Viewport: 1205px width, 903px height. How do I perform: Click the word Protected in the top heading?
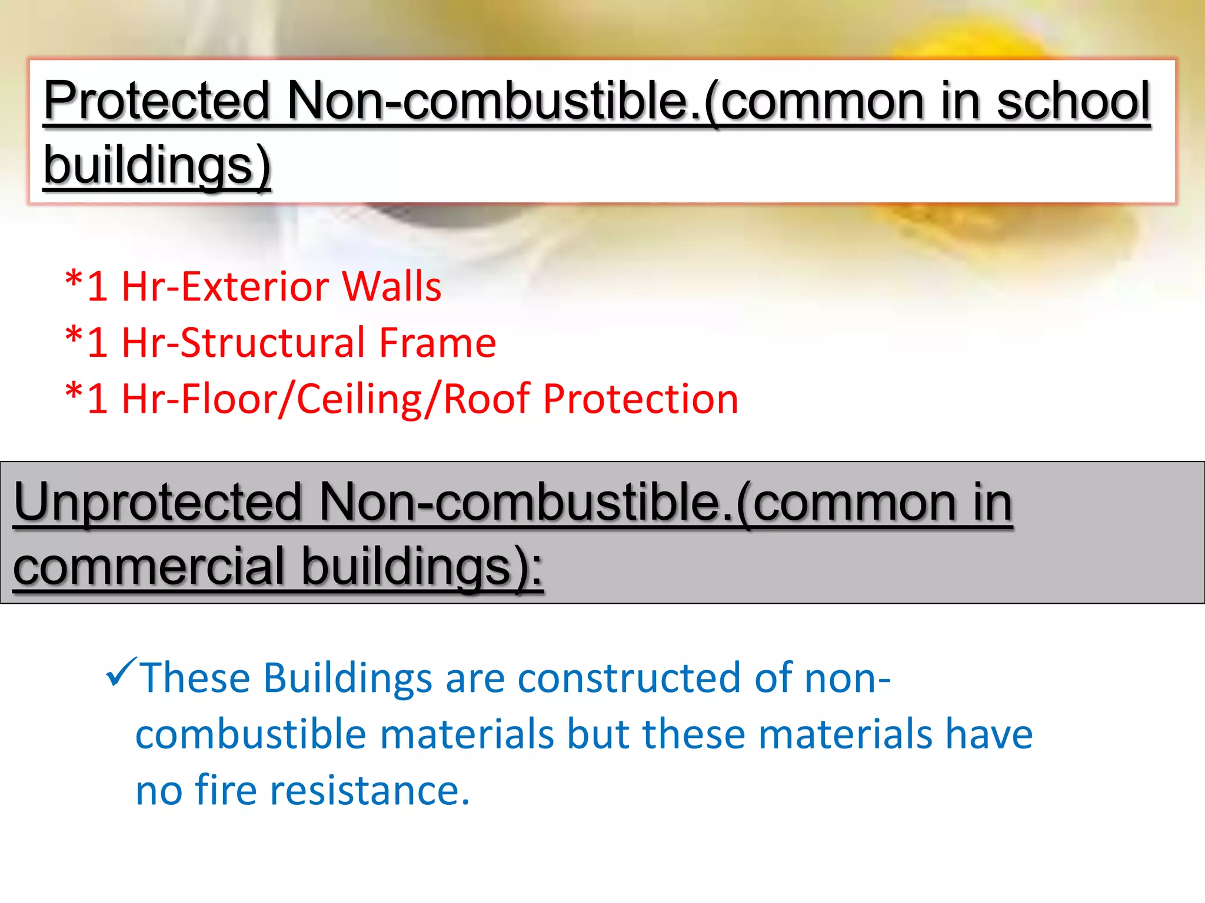156,101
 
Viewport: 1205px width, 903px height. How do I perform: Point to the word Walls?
391,287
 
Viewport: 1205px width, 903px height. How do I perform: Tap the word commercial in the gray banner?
149,567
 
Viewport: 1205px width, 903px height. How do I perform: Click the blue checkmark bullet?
121,673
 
